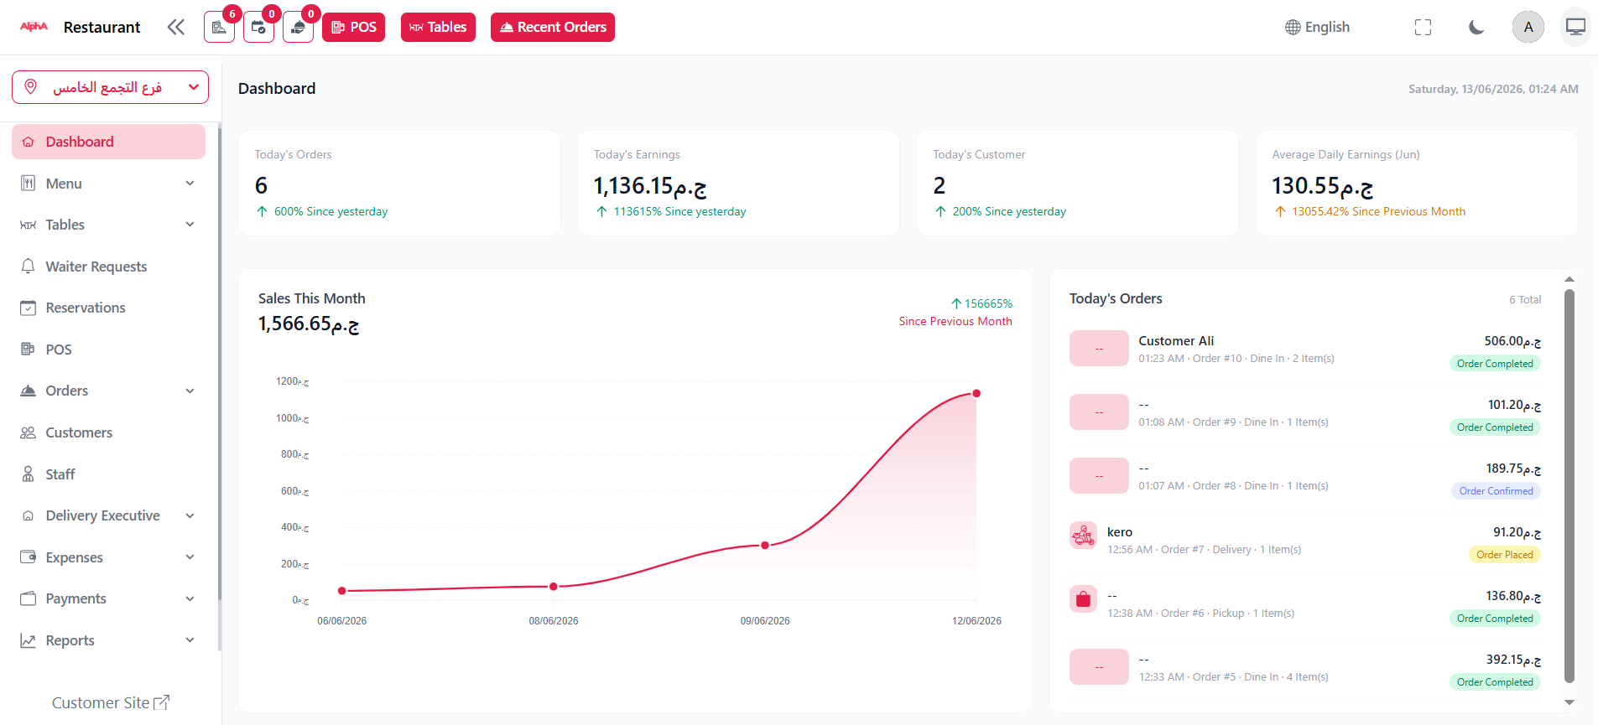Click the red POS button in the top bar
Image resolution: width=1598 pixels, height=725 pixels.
coord(353,27)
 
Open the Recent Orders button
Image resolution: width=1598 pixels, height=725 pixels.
coord(553,27)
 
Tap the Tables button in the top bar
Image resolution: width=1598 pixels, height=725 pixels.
coord(438,27)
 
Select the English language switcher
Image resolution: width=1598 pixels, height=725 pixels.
coord(1317,27)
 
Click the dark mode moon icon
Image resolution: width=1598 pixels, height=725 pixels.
coord(1476,27)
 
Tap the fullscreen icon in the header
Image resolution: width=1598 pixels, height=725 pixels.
coord(1423,27)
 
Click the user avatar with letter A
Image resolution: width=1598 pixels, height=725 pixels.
coord(1528,27)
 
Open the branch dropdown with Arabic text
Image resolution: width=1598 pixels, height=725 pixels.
coord(110,87)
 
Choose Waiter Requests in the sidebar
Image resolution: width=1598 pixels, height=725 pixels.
coord(96,267)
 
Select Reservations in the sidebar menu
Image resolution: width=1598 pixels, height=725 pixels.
coord(86,308)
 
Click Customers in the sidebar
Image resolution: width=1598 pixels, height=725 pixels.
coord(79,432)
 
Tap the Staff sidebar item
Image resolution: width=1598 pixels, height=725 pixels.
coord(60,474)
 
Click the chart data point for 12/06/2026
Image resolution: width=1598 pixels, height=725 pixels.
coord(976,393)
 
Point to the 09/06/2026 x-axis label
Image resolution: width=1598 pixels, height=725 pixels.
coord(765,621)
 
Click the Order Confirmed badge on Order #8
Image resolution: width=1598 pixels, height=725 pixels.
coord(1496,491)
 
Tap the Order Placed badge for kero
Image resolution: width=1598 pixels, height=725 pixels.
coord(1505,555)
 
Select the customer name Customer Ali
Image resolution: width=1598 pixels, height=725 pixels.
coord(1176,341)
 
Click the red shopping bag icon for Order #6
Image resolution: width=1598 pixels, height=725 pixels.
coord(1083,598)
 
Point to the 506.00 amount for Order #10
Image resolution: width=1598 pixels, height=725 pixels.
coord(1512,341)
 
